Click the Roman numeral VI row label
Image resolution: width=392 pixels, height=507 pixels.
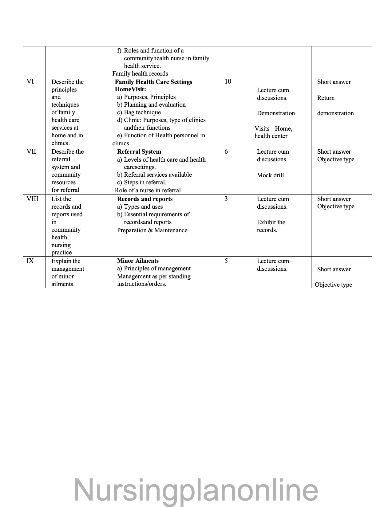point(30,81)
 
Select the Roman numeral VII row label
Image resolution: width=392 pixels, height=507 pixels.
point(31,151)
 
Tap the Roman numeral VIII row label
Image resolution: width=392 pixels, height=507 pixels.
point(33,198)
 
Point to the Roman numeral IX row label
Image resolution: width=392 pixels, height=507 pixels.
point(30,261)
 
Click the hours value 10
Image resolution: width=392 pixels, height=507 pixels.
point(228,81)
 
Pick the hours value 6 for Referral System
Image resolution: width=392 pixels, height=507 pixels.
point(226,151)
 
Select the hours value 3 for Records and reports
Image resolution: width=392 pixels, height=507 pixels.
point(226,198)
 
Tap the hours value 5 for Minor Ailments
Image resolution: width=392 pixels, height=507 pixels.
point(226,261)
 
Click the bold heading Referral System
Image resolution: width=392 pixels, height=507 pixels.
point(139,151)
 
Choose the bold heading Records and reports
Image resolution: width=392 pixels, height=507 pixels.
point(145,199)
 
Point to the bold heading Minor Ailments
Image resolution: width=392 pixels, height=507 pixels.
point(138,261)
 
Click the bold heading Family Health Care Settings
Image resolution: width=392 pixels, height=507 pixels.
point(153,82)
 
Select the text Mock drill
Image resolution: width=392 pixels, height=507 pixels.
point(270,175)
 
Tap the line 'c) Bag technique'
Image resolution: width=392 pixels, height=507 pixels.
point(139,112)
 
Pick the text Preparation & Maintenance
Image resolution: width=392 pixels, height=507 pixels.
point(152,230)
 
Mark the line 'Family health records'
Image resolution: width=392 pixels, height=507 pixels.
point(140,73)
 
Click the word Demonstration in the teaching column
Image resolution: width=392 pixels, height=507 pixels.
point(276,113)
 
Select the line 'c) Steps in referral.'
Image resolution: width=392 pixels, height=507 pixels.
point(142,182)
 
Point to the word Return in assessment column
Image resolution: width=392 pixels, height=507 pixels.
point(326,98)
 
